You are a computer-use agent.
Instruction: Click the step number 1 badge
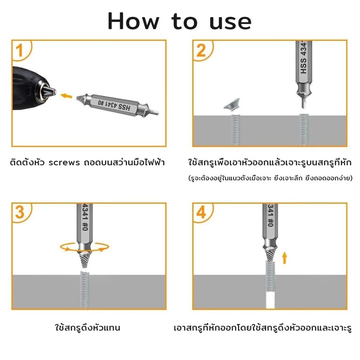(20, 50)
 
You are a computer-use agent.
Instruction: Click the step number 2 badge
(201, 50)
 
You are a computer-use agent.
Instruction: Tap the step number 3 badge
(20, 213)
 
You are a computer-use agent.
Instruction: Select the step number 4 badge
(201, 213)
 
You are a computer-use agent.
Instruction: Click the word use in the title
(230, 22)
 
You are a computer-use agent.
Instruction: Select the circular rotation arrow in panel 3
(84, 248)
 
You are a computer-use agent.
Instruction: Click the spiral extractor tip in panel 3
(84, 260)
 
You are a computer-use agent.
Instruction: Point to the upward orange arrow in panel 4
(284, 258)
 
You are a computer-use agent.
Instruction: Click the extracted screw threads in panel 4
(270, 276)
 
